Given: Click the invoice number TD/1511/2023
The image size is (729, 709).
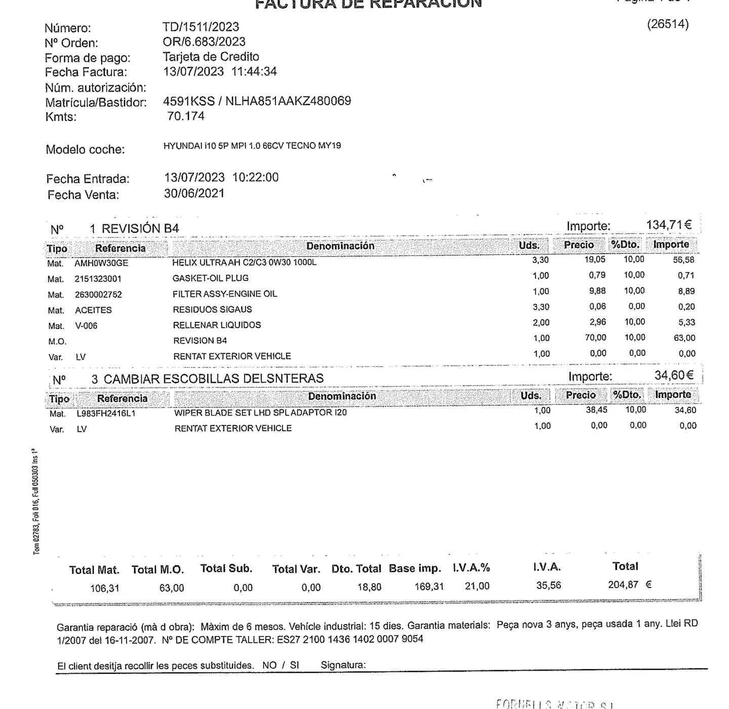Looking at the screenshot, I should tap(200, 27).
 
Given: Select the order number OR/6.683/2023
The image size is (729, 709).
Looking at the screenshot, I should tap(204, 41).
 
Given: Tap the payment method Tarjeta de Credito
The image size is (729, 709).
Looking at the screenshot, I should tap(211, 57).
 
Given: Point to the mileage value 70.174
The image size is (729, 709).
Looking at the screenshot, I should tap(186, 116).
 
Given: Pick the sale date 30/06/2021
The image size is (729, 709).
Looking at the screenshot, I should tap(194, 193).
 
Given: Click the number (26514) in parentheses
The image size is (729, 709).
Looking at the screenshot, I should tap(668, 24).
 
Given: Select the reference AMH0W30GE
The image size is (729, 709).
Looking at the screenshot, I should tap(101, 263).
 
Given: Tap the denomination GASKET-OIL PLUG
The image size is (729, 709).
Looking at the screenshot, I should tap(210, 278).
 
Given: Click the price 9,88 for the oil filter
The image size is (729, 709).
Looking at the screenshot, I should tap(597, 291).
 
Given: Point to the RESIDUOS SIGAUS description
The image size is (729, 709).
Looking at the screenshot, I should tap(212, 309).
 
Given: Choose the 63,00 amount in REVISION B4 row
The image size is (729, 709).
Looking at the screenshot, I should tap(684, 338).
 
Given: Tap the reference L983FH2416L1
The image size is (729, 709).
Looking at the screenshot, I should tap(106, 413).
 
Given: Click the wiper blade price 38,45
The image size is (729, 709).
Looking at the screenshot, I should tap(596, 410).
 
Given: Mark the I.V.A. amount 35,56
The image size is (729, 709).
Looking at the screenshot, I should tap(548, 586).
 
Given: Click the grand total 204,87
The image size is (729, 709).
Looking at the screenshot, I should tap(623, 585).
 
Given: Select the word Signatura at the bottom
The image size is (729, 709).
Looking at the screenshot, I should tap(343, 665).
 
